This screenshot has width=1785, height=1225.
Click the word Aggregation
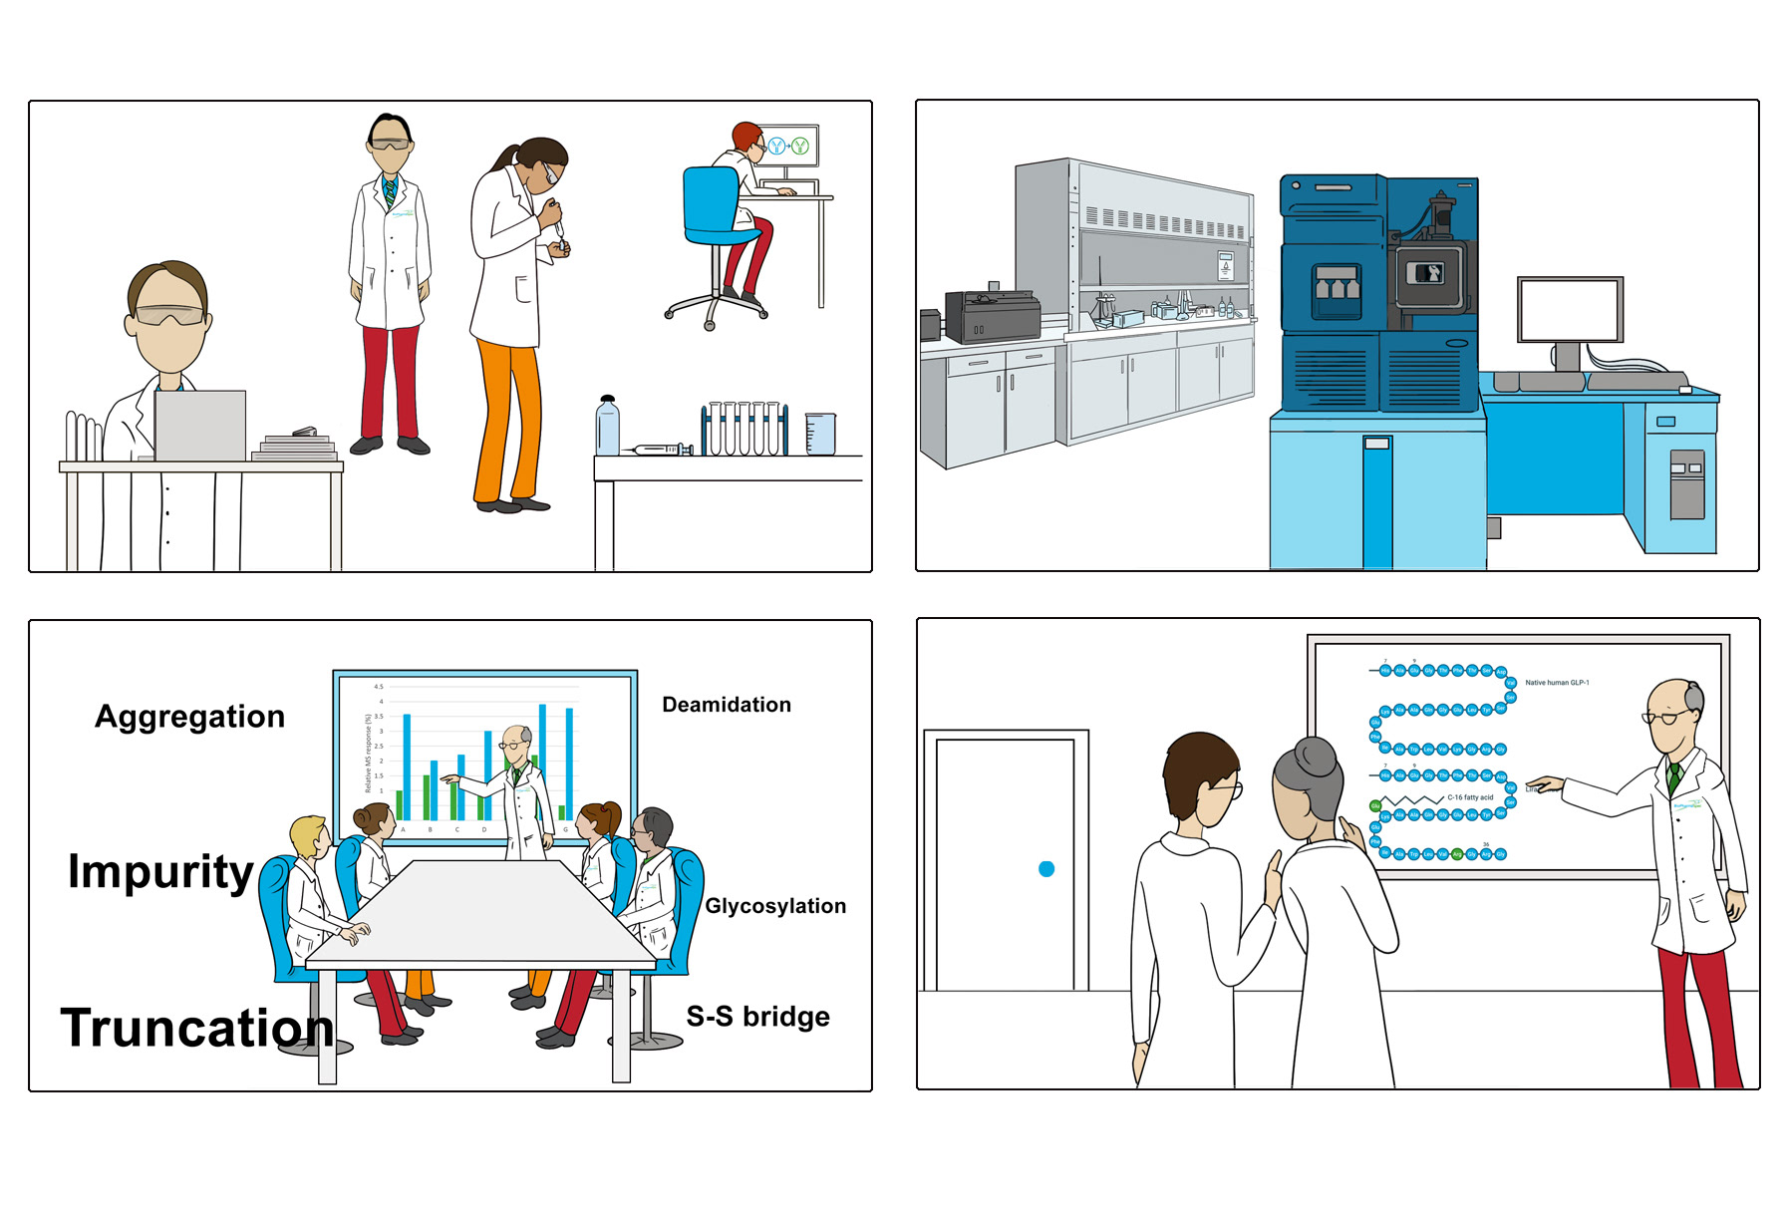189,717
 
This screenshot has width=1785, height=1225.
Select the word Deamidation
727,705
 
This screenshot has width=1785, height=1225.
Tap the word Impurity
160,872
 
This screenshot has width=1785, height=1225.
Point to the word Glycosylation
775,906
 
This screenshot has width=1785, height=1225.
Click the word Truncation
197,1028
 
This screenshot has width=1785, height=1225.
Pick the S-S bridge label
757,1017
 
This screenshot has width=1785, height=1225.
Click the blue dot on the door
1046,869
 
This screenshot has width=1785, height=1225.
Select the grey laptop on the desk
199,426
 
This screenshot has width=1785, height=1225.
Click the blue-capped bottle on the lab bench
608,427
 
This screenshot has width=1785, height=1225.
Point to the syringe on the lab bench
661,451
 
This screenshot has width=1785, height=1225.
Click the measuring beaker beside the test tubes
819,434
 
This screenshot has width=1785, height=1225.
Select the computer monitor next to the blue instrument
1570,311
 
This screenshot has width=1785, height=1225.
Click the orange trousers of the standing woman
508,419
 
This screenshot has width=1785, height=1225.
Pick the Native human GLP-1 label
1557,683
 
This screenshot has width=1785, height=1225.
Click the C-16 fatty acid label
1470,797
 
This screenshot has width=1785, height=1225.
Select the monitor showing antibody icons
788,146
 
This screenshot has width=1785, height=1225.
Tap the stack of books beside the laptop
296,446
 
